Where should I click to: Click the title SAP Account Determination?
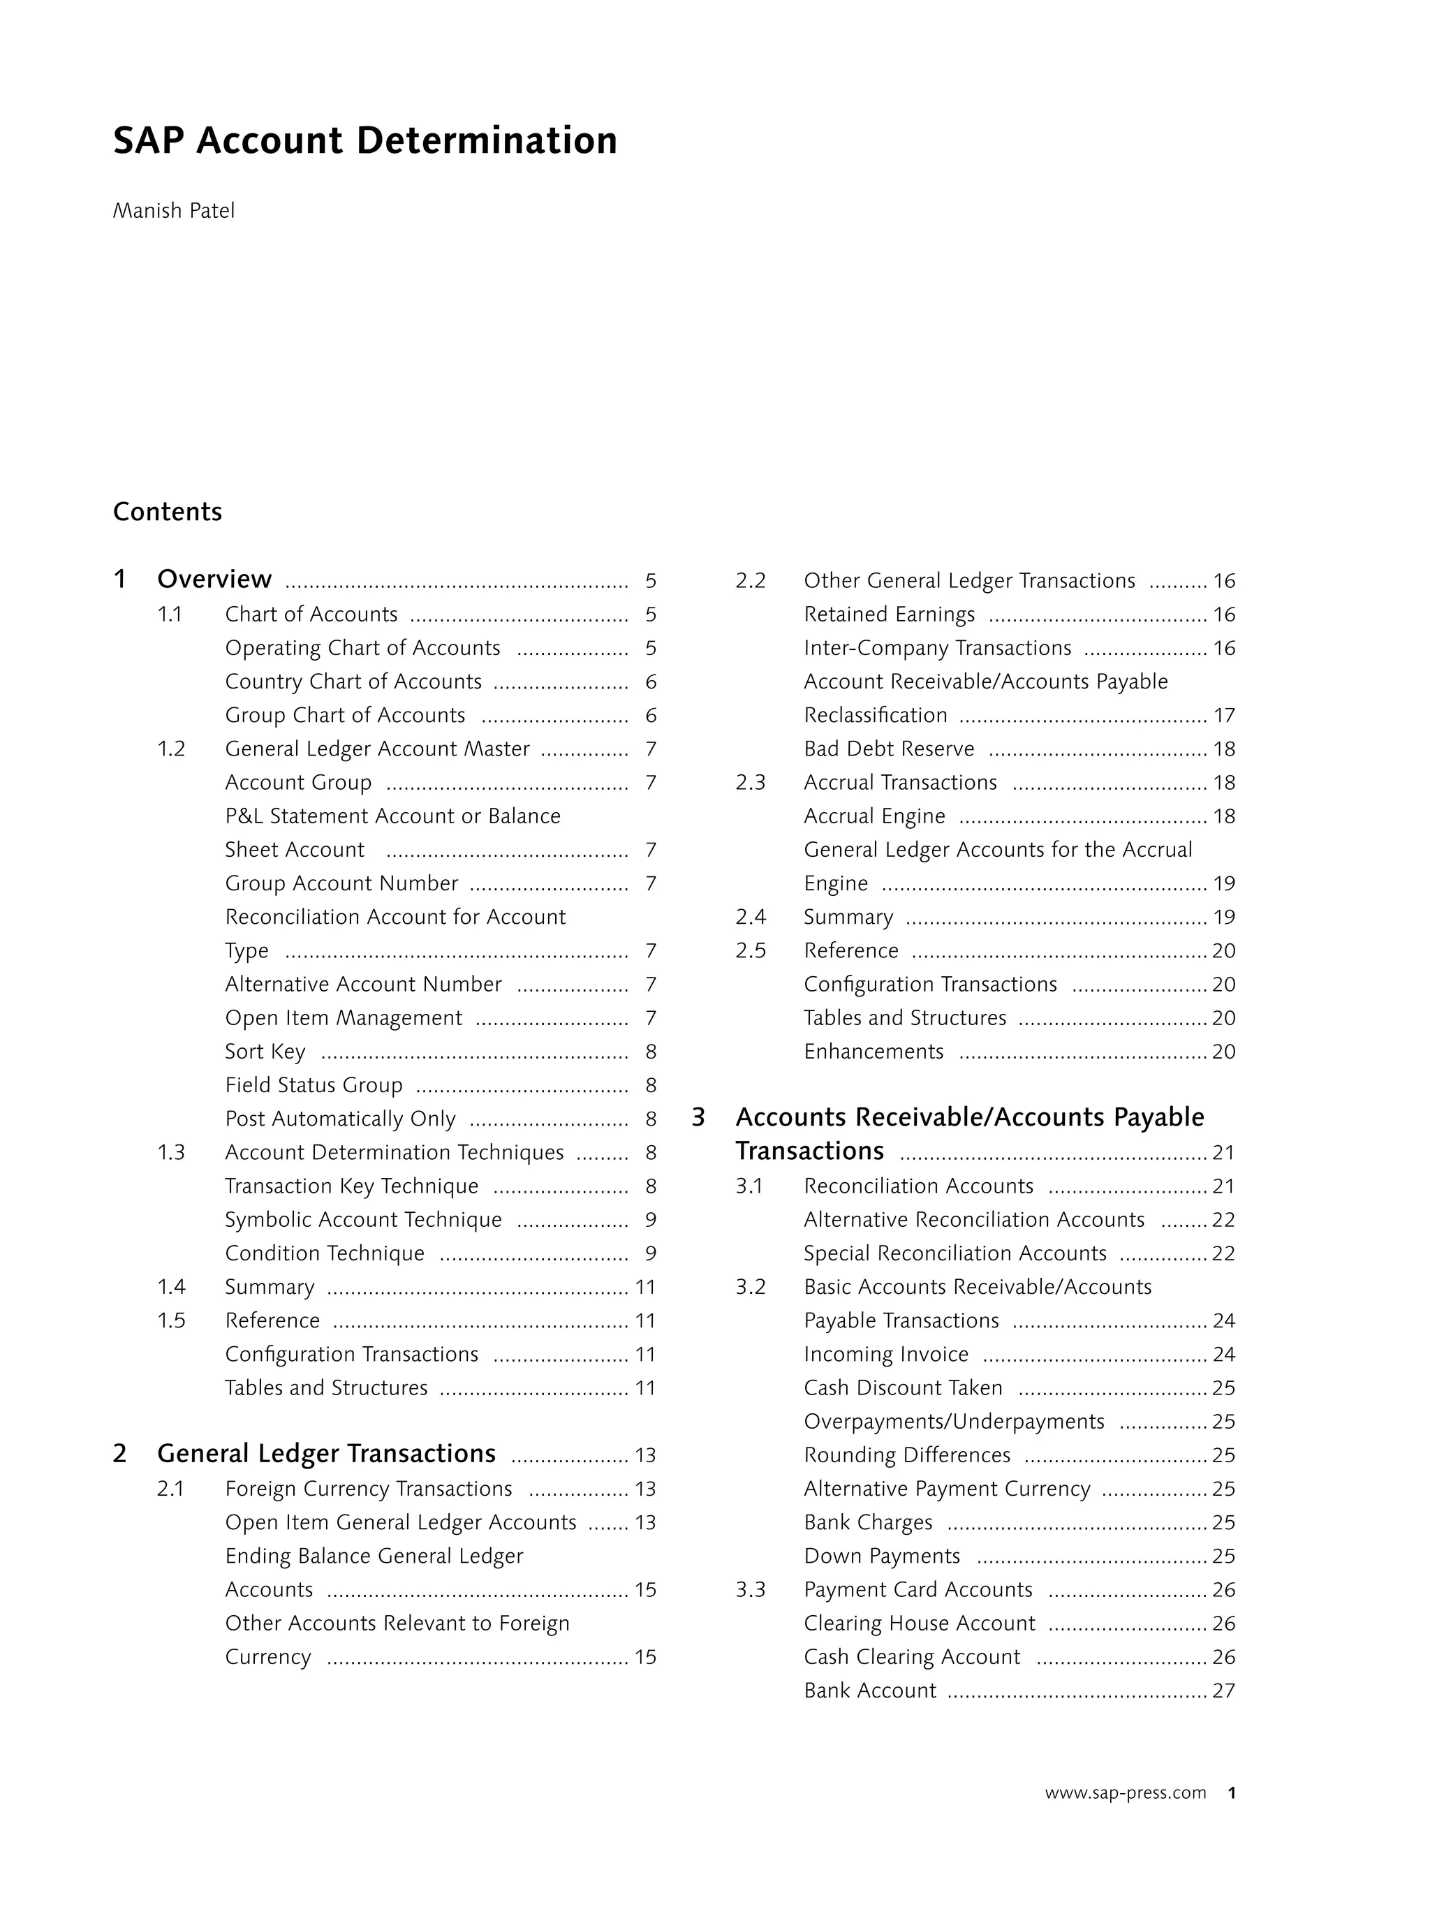pyautogui.click(x=364, y=140)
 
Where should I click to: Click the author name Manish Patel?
pyautogui.click(x=173, y=211)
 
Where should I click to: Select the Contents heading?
pyautogui.click(x=167, y=512)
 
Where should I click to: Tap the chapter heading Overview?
pyautogui.click(x=214, y=580)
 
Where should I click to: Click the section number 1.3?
pyautogui.click(x=170, y=1153)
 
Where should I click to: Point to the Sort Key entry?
pyautogui.click(x=265, y=1052)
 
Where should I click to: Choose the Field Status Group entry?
pyautogui.click(x=314, y=1085)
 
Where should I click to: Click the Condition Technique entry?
pyautogui.click(x=324, y=1253)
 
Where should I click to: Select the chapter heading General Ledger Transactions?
pyautogui.click(x=326, y=1454)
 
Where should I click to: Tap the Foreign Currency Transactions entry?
pyautogui.click(x=368, y=1489)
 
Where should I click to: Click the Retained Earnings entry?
pyautogui.click(x=889, y=614)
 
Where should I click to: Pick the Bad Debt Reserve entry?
pyautogui.click(x=889, y=749)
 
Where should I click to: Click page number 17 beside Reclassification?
pyautogui.click(x=1224, y=716)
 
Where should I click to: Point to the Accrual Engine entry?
pyautogui.click(x=874, y=816)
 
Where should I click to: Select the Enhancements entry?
pyautogui.click(x=874, y=1052)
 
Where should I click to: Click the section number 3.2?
pyautogui.click(x=750, y=1287)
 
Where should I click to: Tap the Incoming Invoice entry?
pyautogui.click(x=886, y=1355)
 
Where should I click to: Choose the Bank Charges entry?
pyautogui.click(x=868, y=1522)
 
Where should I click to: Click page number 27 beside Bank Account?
pyautogui.click(x=1224, y=1691)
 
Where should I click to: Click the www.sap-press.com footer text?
pyautogui.click(x=1125, y=1793)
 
